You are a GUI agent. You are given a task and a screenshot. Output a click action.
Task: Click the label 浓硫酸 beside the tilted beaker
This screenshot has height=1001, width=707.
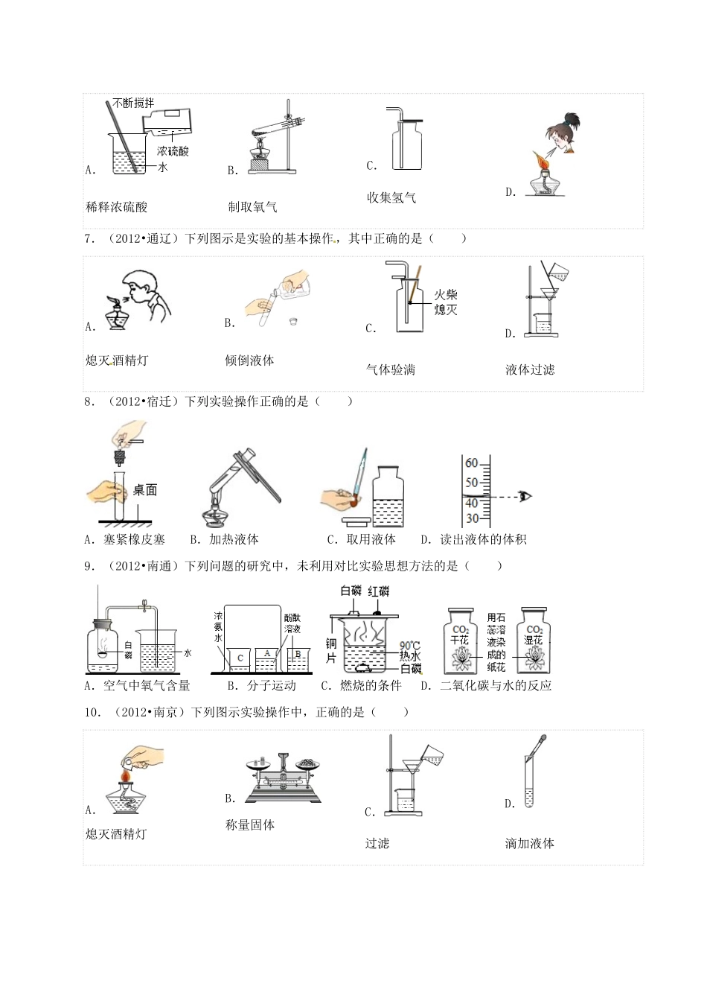tap(173, 150)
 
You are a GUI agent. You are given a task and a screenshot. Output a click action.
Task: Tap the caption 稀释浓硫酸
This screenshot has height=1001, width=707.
tap(117, 207)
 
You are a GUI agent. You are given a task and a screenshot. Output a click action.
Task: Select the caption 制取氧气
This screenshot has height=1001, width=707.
tap(253, 207)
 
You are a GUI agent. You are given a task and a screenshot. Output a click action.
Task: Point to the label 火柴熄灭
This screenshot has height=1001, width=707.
tap(446, 302)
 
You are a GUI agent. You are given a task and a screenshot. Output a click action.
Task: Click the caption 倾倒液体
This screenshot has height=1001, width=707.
tap(249, 360)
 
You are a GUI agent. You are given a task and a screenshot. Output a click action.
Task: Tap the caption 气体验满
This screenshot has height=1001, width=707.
tap(391, 369)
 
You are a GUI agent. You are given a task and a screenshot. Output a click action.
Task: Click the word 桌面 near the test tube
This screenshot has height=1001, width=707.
tap(145, 489)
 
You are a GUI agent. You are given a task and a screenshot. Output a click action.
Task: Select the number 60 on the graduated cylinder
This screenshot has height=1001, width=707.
tap(472, 463)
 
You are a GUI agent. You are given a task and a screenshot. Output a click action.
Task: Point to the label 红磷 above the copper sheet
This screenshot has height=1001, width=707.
tap(379, 591)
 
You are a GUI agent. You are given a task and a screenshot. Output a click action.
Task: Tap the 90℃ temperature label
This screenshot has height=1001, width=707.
tap(410, 646)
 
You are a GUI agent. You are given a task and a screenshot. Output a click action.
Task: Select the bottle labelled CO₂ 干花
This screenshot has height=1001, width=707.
tap(461, 641)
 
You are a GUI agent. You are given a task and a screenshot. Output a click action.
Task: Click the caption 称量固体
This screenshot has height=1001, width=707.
tap(250, 825)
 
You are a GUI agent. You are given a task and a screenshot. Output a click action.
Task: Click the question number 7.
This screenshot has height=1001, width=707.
tap(89, 238)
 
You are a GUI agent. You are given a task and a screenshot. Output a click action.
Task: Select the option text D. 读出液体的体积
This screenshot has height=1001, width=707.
tap(473, 539)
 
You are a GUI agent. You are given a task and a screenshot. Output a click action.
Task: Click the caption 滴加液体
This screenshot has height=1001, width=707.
tap(529, 844)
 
